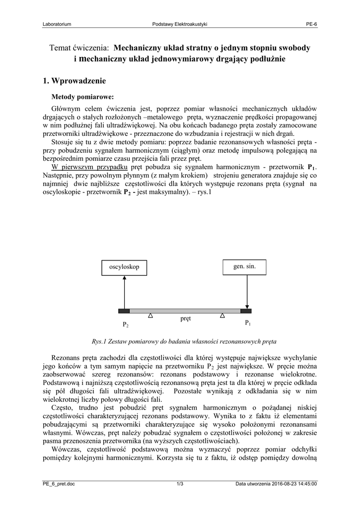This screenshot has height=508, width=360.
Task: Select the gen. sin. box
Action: [x=245, y=267]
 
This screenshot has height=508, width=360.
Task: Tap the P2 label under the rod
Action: [x=126, y=325]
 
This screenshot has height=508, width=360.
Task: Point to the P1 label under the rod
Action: [x=248, y=323]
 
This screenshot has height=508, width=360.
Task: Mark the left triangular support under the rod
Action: [x=150, y=316]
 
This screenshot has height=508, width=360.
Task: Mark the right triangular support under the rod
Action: [x=222, y=316]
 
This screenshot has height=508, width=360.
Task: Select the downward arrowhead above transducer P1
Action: [x=247, y=306]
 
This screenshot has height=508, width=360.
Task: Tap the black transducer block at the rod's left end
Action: [x=124, y=311]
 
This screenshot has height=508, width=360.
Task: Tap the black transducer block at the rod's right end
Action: [x=246, y=311]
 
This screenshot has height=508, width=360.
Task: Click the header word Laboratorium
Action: [x=57, y=24]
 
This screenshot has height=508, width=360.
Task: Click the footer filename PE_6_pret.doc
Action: [x=59, y=484]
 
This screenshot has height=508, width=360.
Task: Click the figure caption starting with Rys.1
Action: [x=184, y=342]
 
